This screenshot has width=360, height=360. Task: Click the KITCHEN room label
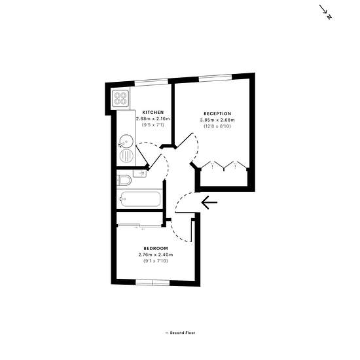coord(153,113)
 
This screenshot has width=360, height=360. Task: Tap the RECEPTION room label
coord(217,114)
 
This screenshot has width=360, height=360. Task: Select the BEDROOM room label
coord(156,249)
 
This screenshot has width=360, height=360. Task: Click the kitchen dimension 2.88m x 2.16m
coord(153,118)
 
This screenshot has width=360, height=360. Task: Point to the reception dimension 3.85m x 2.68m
coord(217,120)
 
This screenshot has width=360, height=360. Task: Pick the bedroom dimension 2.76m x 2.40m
coord(156,255)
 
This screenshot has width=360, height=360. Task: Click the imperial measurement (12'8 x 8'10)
coord(217,126)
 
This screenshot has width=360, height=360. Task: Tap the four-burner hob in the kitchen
coord(120,98)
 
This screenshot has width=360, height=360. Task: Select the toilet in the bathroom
coord(124,181)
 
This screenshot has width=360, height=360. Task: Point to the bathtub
coord(141,199)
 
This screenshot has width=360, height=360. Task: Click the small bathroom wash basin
coord(139,173)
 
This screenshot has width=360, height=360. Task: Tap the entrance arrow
coord(209,202)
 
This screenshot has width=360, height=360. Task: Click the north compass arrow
coord(325,12)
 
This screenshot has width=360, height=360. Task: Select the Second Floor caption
coord(180,333)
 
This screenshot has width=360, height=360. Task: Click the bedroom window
coord(153,282)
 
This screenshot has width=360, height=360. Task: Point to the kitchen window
coord(151,82)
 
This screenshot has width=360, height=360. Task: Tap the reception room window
coord(215,78)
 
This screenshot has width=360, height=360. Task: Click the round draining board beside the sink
coord(126,156)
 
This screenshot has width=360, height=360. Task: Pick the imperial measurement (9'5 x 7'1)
coord(153,125)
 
